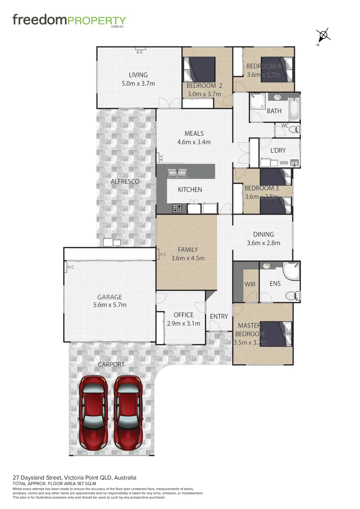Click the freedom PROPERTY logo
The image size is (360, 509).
click(69, 21)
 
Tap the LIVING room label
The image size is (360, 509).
click(138, 75)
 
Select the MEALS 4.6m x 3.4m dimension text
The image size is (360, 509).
click(194, 142)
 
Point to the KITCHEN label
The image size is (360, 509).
click(189, 189)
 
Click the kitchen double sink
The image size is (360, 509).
click(179, 173)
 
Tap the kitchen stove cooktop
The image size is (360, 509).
click(178, 208)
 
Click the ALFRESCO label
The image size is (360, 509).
click(125, 181)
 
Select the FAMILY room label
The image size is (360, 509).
click(188, 250)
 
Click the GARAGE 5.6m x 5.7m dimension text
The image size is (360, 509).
click(110, 305)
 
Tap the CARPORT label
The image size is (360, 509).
click(111, 364)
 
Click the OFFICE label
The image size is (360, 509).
click(183, 315)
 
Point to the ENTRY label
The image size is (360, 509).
click(219, 316)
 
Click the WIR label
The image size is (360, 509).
click(249, 285)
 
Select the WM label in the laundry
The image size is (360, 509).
click(284, 163)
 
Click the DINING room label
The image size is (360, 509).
click(263, 234)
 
